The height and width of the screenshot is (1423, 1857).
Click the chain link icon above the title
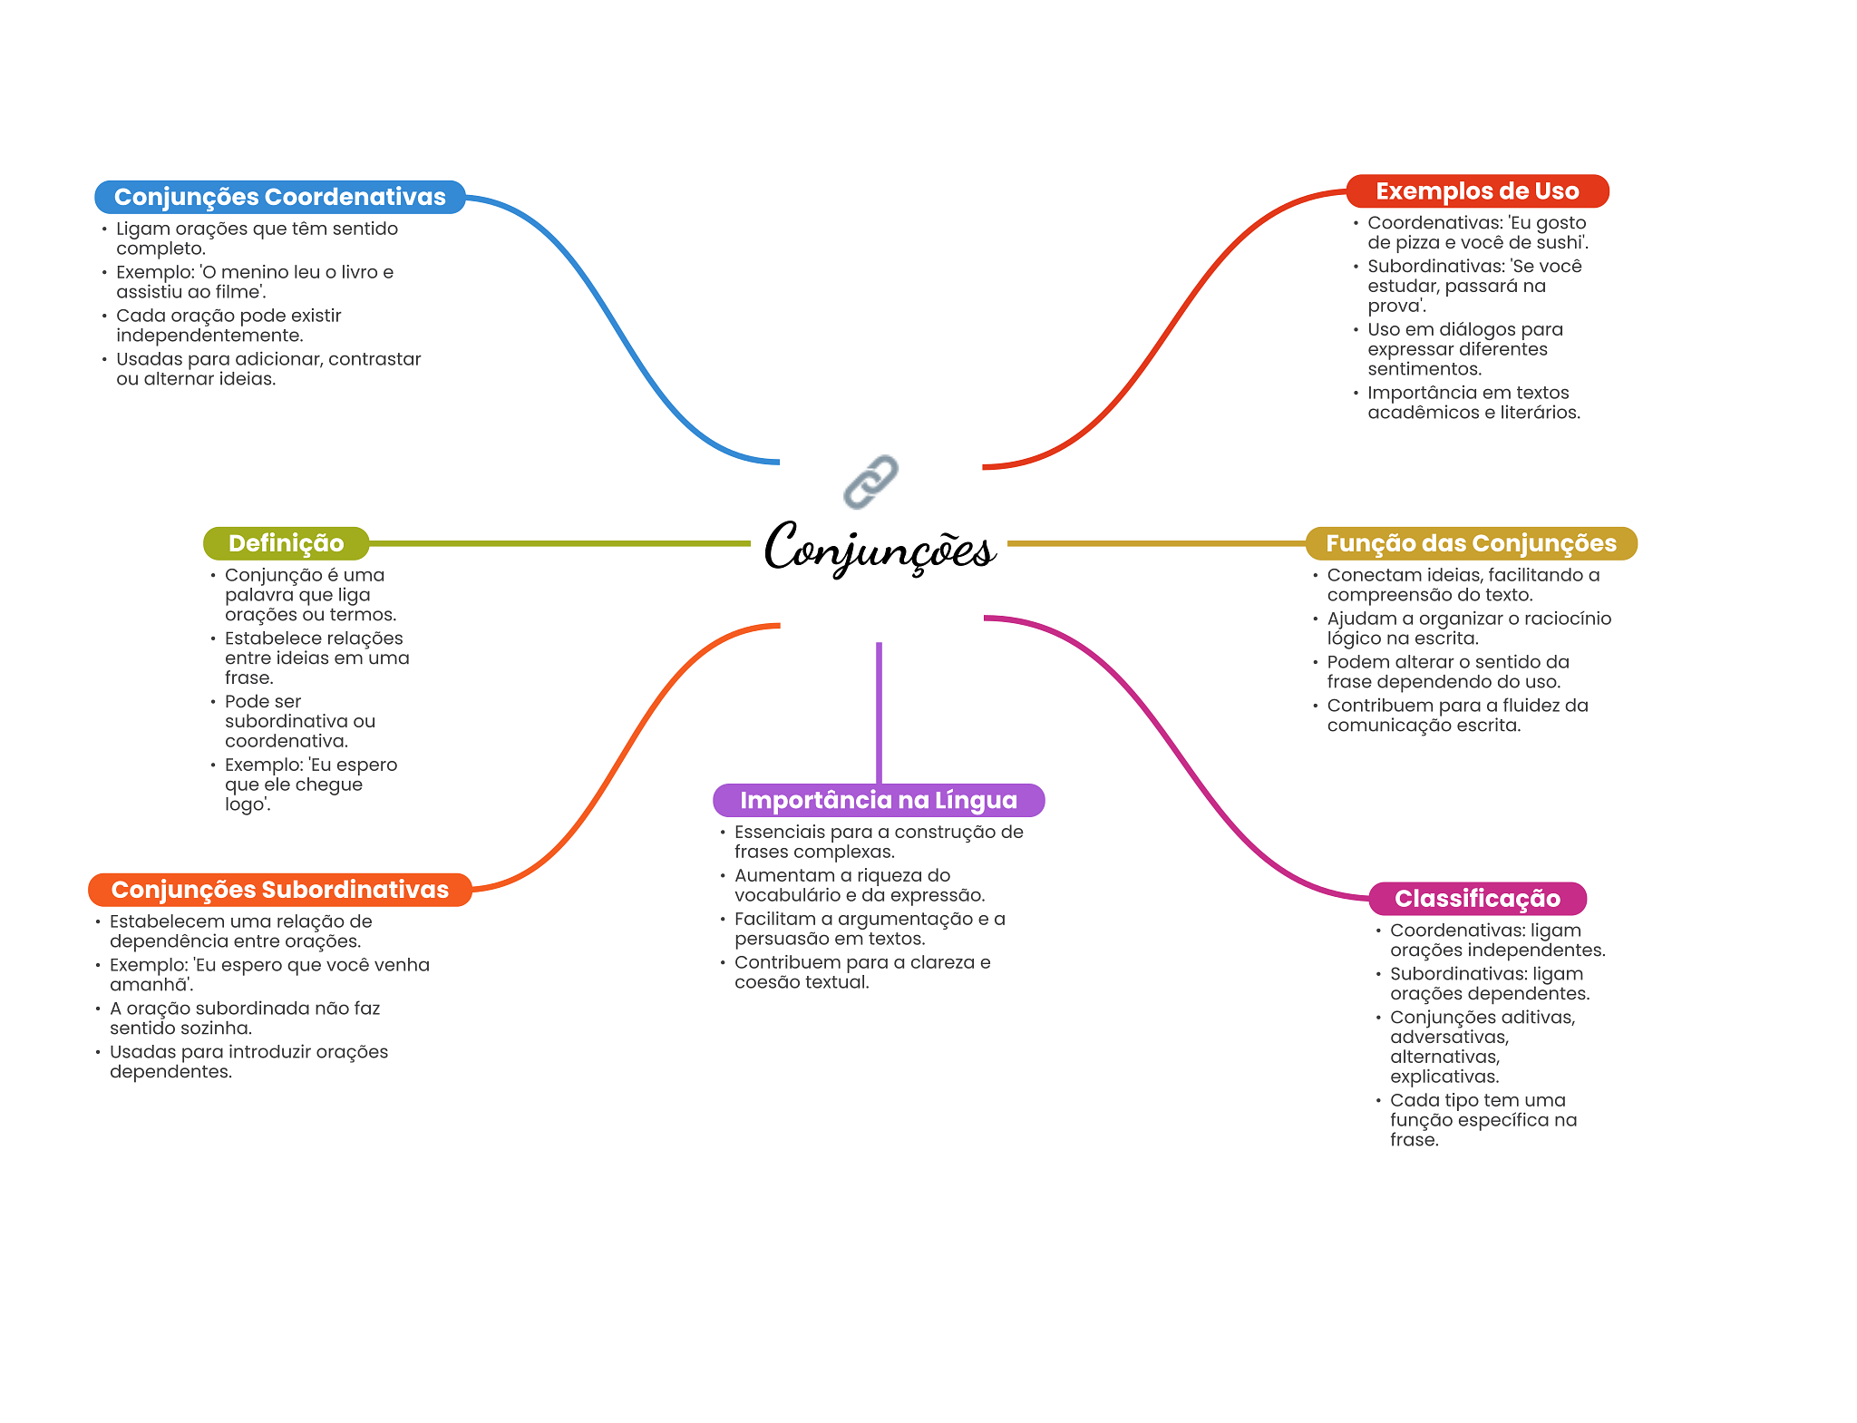pos(870,482)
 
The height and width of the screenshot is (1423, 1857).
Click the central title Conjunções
pos(880,548)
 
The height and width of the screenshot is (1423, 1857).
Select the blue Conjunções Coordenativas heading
pos(280,197)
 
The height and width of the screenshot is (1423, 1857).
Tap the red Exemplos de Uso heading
pos(1477,191)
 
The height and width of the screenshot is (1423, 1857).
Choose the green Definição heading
pos(287,543)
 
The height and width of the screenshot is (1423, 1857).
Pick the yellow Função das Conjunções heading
pos(1471,543)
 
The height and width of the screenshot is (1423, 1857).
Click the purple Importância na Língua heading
pos(879,800)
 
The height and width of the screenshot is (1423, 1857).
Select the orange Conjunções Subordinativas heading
pos(280,890)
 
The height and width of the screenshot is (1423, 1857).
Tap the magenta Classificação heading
pos(1477,899)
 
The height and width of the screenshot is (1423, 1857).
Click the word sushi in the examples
pos(1560,242)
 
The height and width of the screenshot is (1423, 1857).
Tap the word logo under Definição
pos(245,805)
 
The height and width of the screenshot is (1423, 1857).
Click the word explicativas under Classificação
pos(1444,1077)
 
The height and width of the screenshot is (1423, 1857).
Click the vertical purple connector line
pos(879,713)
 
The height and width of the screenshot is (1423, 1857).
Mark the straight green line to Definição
pos(560,543)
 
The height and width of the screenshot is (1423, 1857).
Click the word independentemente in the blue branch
pos(209,336)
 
